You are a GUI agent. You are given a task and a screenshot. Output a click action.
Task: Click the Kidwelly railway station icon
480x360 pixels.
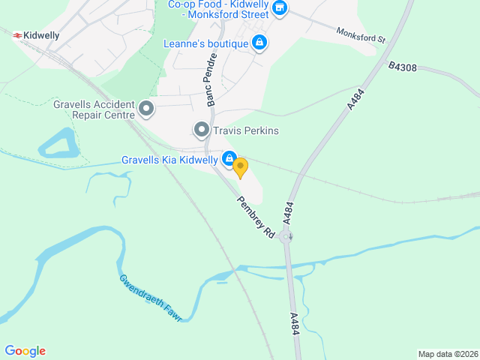(16, 34)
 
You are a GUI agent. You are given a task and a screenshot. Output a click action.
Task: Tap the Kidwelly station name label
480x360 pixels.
(41, 35)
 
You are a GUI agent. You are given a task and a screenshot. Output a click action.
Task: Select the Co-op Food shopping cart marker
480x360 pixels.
(280, 8)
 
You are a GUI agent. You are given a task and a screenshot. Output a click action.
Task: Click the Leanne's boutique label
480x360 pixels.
(205, 43)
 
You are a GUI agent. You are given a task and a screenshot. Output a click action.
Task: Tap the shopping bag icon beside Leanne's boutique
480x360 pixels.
(259, 43)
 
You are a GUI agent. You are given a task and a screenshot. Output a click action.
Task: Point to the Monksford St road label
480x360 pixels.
(360, 35)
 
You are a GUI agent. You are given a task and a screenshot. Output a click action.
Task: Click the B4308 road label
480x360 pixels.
(403, 67)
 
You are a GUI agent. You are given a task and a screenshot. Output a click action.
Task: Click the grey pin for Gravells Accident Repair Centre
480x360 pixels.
(146, 109)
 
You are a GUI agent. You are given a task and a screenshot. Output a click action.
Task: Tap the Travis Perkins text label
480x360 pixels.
(245, 130)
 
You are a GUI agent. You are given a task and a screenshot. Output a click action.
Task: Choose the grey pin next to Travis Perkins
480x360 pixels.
(201, 130)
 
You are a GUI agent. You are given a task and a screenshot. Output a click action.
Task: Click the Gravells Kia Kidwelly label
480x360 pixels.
(169, 160)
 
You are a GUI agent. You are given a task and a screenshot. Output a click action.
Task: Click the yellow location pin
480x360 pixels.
(240, 166)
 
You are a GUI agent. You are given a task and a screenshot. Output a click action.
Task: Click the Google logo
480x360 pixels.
(25, 351)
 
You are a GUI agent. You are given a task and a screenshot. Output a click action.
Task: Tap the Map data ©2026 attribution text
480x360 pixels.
(447, 354)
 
